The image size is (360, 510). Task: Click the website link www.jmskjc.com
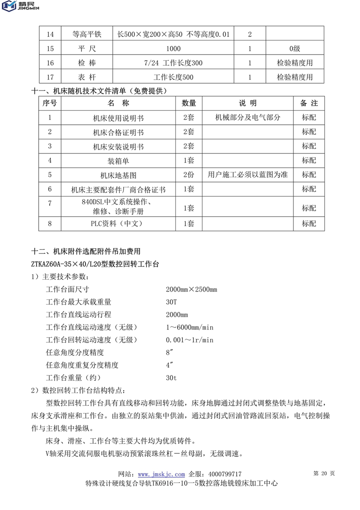tap(161, 474)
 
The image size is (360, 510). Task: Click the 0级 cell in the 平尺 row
tap(295, 49)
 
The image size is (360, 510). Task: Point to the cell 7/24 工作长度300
tap(173, 63)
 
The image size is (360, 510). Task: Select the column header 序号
tap(49, 104)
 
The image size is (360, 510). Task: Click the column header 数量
tap(189, 104)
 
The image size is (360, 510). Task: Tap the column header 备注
tap(309, 104)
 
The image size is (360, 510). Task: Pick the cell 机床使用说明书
tap(118, 118)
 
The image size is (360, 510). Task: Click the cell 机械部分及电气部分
tap(247, 118)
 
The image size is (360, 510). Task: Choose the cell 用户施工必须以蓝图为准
tap(247, 175)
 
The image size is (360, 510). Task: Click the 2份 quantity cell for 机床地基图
tap(189, 175)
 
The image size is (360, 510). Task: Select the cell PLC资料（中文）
tap(118, 223)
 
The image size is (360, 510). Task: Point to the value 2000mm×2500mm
tap(191, 289)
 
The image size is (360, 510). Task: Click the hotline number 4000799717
tap(223, 474)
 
